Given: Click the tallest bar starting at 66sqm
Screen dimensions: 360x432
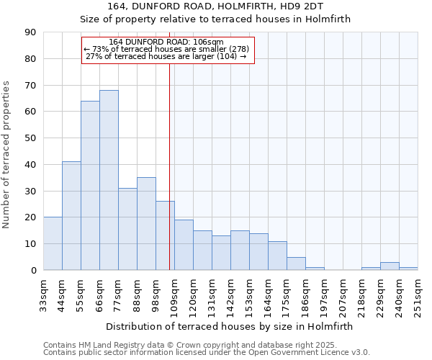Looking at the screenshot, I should pyautogui.click(x=109, y=180).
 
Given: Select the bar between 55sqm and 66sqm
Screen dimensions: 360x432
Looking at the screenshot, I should pyautogui.click(x=90, y=186).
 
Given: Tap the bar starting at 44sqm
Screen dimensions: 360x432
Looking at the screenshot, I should pyautogui.click(x=71, y=216).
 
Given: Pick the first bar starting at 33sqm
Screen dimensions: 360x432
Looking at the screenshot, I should pyautogui.click(x=53, y=243).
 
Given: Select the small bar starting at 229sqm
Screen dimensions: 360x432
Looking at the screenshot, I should pyautogui.click(x=390, y=266).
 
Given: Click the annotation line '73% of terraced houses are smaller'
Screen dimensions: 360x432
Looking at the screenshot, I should pyautogui.click(x=166, y=49).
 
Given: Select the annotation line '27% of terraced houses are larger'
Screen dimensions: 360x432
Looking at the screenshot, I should pyautogui.click(x=166, y=56).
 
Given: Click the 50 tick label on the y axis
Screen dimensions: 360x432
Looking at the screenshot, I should pyautogui.click(x=31, y=138).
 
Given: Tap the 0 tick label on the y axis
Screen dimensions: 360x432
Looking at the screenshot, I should pyautogui.click(x=34, y=271).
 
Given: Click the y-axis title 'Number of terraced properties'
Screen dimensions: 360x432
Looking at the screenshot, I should pyautogui.click(x=6, y=155).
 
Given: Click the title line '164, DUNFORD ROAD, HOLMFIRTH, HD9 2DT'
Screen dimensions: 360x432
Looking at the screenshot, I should pyautogui.click(x=215, y=7).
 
